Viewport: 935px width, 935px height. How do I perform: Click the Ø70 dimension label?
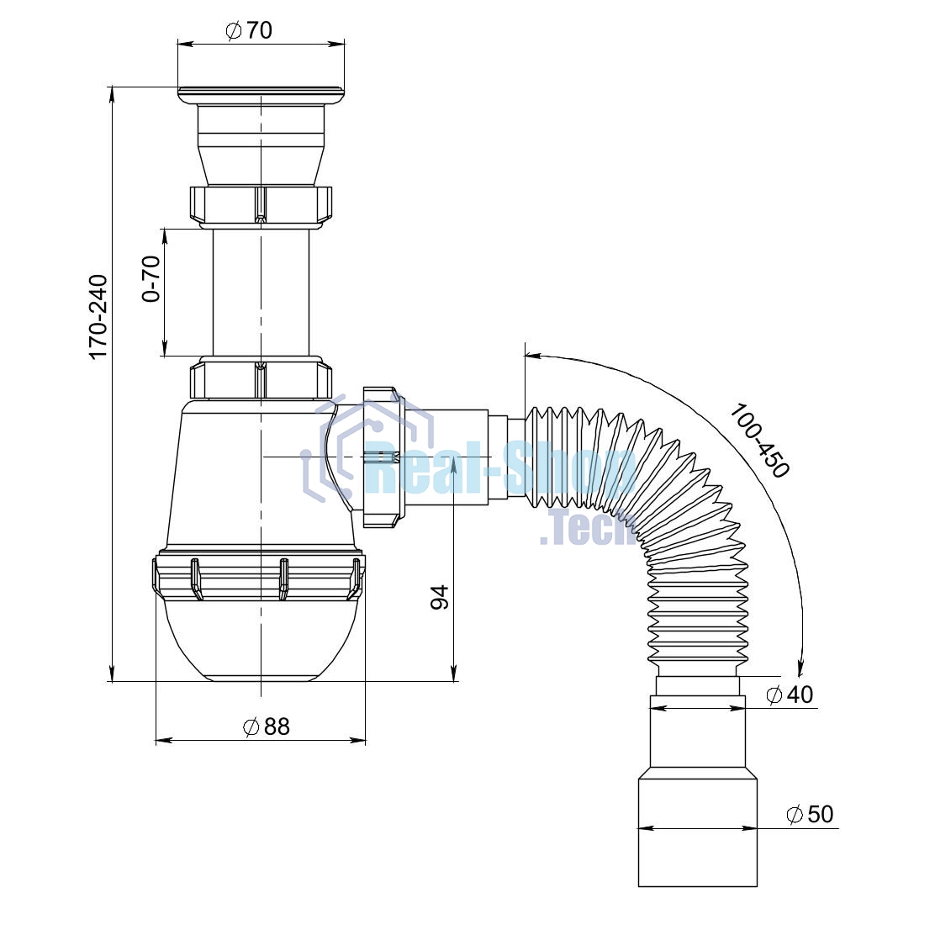(249, 29)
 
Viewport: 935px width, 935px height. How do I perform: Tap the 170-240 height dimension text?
(98, 317)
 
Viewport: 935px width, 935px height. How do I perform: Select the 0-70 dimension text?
(151, 278)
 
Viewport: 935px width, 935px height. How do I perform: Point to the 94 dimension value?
(440, 597)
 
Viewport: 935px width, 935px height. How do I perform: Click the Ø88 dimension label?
(267, 726)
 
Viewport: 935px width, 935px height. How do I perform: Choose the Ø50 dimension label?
(810, 814)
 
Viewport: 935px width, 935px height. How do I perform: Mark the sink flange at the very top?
(261, 95)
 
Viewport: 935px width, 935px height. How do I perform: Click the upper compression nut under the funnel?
(261, 206)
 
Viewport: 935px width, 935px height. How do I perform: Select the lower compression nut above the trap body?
(261, 378)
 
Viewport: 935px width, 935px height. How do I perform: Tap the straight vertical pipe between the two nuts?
(261, 293)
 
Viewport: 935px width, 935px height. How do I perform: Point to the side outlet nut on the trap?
(383, 457)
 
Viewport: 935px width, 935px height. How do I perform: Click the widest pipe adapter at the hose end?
(698, 831)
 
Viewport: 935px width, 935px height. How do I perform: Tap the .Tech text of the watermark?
(588, 528)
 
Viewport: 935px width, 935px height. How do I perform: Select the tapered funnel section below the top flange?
(261, 145)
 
